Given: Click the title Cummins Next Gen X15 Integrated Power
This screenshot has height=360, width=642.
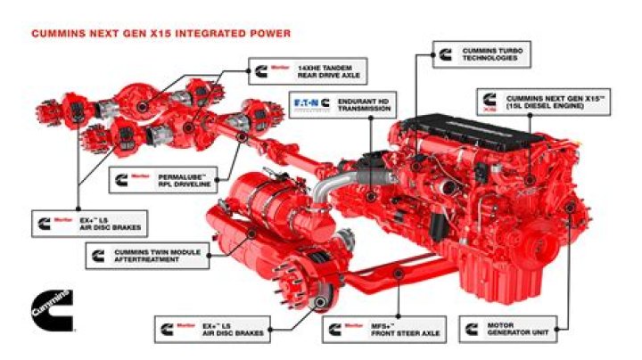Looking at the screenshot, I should tap(160, 34).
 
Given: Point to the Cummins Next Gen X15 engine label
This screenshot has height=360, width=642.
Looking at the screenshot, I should tap(544, 101).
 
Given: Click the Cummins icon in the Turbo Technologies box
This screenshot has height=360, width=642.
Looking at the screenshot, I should tap(444, 53).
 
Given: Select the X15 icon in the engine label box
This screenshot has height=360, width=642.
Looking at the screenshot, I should tap(489, 101).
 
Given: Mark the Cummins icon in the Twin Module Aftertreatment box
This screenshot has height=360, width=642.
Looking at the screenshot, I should tap(97, 257).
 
